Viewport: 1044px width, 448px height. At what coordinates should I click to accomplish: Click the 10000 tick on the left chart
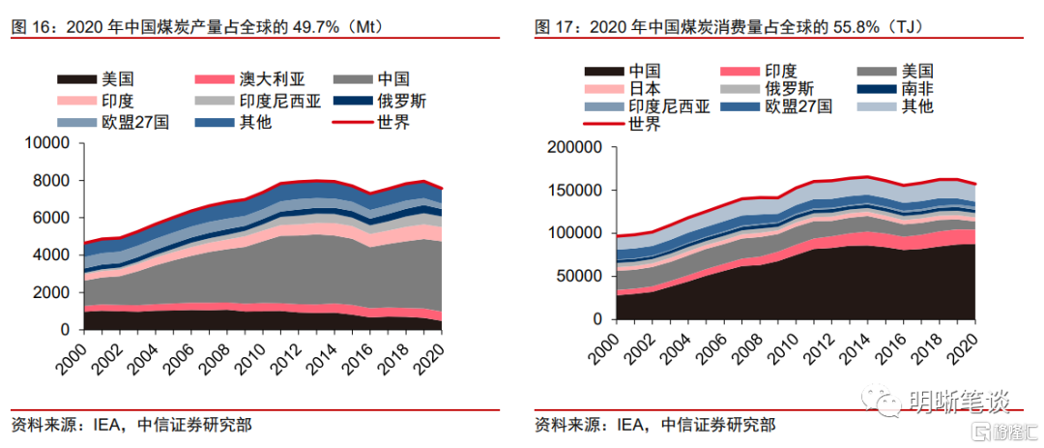pyautogui.click(x=48, y=143)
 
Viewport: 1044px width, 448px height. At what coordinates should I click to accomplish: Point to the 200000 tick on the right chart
pyautogui.click(x=575, y=147)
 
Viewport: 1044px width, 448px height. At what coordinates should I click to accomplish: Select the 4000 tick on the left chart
pyautogui.click(x=52, y=255)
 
